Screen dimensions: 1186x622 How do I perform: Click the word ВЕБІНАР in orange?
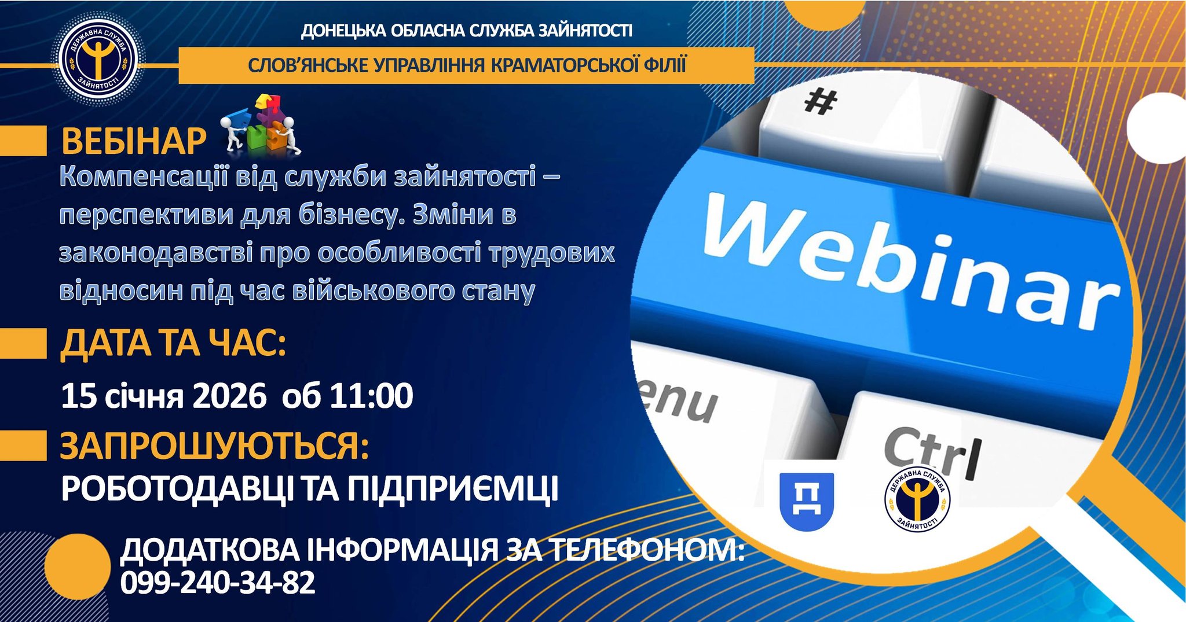tap(134, 141)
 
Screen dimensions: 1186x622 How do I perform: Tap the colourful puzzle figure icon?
tap(261, 126)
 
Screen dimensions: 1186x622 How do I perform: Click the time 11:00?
tap(371, 396)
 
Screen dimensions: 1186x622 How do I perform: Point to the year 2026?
tap(229, 396)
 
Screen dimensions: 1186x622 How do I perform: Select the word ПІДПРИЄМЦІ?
tap(453, 489)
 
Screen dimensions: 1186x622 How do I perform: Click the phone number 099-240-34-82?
tap(218, 582)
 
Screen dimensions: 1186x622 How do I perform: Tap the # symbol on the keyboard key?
tap(821, 103)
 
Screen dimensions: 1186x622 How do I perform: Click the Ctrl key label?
tap(933, 454)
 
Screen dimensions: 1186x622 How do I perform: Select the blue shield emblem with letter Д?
tap(807, 501)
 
